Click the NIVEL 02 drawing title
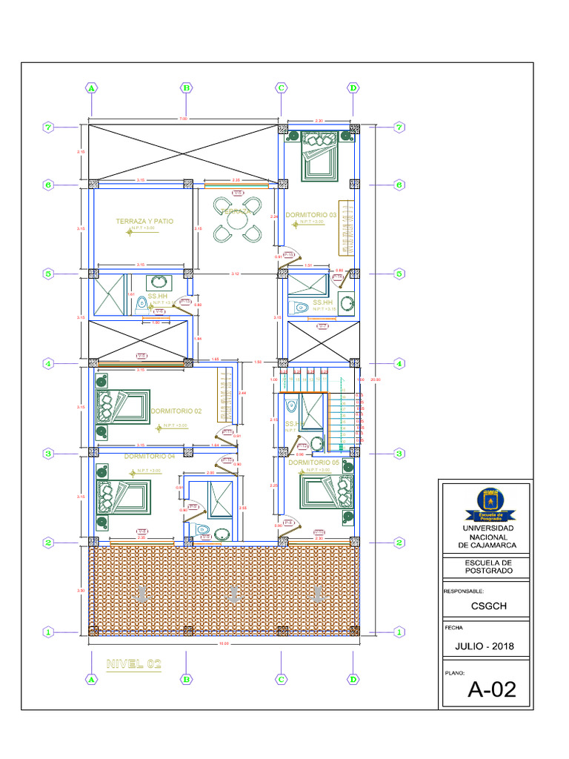click(133, 663)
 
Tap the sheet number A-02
click(491, 690)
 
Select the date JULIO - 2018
click(485, 646)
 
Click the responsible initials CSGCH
click(485, 605)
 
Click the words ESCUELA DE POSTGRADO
click(485, 567)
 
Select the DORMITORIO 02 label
click(176, 411)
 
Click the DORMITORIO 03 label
click(310, 215)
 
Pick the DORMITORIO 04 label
click(150, 457)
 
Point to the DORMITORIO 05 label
click(313, 463)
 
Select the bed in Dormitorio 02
click(122, 407)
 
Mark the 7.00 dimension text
click(184, 119)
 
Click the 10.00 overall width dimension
click(222, 643)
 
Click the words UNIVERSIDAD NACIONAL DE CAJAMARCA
click(485, 537)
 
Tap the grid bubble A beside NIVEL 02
click(91, 678)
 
